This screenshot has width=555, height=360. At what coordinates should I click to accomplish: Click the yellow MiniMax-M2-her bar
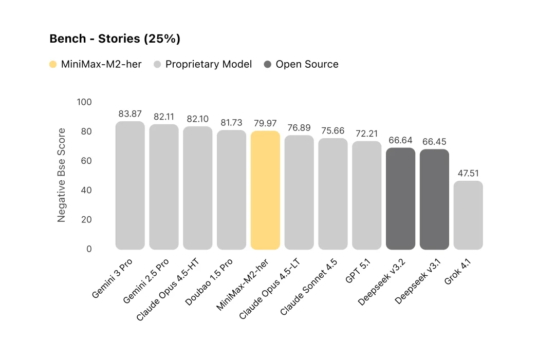(265, 190)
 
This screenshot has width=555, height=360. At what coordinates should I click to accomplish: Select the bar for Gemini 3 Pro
(130, 185)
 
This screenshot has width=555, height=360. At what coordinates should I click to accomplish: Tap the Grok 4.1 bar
(468, 215)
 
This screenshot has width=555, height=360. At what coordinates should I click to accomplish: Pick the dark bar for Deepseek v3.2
(400, 199)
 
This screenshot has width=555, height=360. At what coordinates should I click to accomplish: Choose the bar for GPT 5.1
(367, 195)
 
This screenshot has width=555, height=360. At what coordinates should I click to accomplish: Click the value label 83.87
(130, 114)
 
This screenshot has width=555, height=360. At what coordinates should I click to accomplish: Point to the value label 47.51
(468, 174)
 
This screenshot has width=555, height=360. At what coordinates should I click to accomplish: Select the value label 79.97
(265, 124)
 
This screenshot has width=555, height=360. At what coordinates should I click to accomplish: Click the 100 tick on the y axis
(84, 102)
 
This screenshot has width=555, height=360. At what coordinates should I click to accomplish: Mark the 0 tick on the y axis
(88, 249)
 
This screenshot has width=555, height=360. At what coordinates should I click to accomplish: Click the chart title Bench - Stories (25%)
(115, 39)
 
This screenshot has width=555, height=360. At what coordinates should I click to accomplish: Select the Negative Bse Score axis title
(62, 175)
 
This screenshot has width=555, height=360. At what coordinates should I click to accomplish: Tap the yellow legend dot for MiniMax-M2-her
(53, 65)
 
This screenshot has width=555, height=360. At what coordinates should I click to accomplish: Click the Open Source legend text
(307, 65)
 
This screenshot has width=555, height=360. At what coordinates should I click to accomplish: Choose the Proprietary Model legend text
(208, 65)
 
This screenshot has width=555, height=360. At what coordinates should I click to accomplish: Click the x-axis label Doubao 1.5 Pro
(210, 282)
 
